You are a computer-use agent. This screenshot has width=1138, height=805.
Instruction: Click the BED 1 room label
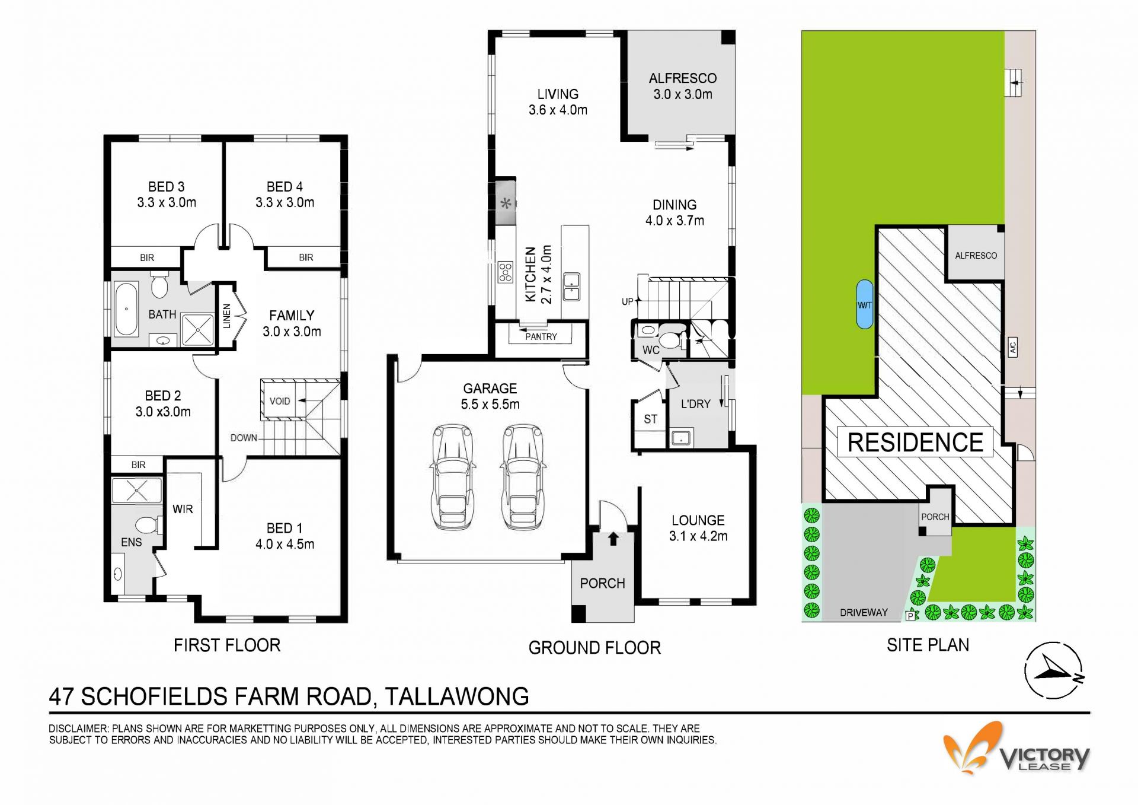(284, 528)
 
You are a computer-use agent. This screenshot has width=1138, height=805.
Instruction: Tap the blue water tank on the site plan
(864, 304)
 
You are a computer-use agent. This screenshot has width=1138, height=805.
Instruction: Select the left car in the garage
(453, 476)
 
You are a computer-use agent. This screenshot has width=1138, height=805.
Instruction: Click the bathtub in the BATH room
(126, 309)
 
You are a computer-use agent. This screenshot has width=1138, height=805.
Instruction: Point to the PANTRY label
(541, 336)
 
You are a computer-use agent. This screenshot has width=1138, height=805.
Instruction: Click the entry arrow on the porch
(613, 539)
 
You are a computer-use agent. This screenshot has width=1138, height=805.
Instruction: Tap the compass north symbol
(1054, 670)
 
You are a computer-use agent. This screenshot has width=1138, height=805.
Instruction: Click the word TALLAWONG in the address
(457, 696)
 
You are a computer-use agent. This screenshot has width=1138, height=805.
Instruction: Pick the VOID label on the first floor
(280, 401)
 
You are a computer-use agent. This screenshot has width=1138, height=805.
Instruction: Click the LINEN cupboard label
(226, 316)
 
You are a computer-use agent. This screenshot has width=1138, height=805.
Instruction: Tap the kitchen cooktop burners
(505, 272)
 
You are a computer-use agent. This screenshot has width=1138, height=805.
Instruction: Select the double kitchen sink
(571, 287)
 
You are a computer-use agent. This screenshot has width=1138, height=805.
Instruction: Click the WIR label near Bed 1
(183, 509)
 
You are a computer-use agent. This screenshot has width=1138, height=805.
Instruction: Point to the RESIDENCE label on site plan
(915, 443)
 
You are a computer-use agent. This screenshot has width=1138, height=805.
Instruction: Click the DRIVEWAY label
(864, 612)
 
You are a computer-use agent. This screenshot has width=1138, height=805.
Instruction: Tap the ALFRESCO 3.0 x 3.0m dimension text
(683, 94)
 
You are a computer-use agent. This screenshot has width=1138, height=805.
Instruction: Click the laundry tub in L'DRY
(680, 438)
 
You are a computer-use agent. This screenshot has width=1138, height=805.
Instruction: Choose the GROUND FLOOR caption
(594, 648)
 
